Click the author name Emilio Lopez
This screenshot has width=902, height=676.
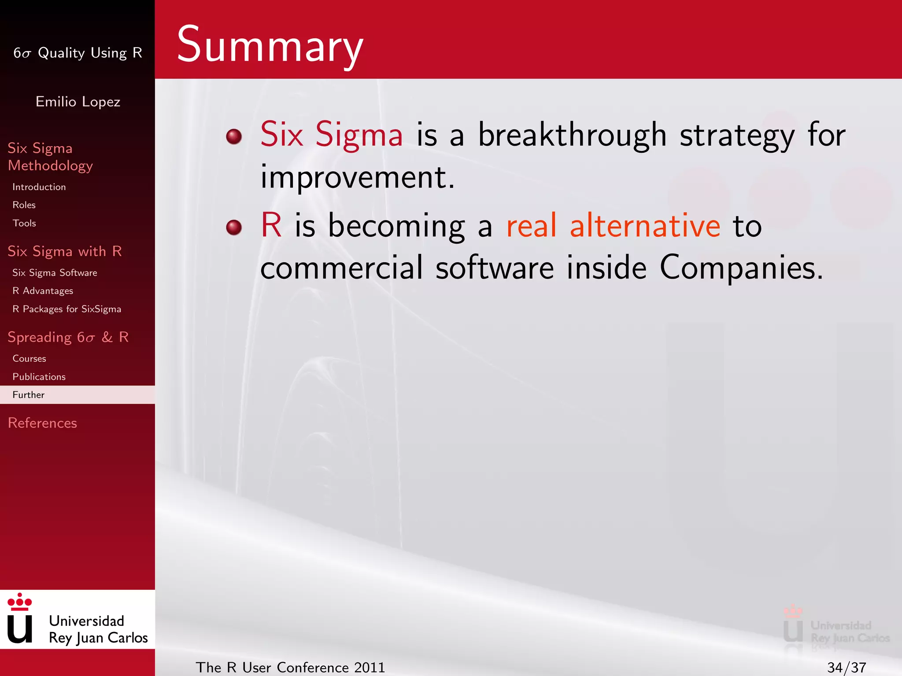78,102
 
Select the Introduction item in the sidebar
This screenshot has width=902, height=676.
39,187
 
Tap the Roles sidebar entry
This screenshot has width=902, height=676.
24,205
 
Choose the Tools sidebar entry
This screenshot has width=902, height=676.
24,223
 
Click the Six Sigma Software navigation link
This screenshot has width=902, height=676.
55,273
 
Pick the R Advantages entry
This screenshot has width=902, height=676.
43,291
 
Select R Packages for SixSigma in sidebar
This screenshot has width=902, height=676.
67,309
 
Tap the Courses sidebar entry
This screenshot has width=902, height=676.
29,359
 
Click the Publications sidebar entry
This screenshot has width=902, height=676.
39,377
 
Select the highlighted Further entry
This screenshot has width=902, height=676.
29,395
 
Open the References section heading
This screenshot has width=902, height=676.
42,423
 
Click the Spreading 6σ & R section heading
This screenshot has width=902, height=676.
68,337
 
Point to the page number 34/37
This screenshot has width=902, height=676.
846,668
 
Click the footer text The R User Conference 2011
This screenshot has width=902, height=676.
290,668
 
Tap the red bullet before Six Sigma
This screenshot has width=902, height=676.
234,136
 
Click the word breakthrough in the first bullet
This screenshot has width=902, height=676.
572,135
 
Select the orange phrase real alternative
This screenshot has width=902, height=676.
613,226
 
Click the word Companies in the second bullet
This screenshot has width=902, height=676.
741,268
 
